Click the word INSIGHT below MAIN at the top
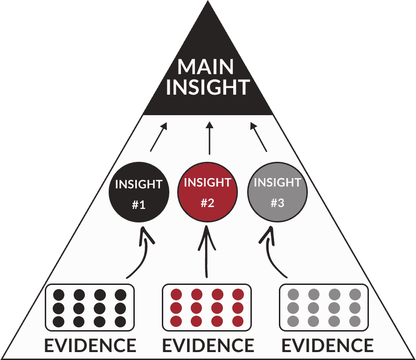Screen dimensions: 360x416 click(x=208, y=87)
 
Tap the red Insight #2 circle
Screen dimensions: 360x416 click(x=208, y=192)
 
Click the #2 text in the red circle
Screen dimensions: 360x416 click(x=208, y=203)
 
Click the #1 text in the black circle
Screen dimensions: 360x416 click(x=139, y=204)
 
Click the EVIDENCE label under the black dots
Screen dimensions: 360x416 click(x=90, y=346)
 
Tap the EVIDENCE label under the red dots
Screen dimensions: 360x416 click(x=208, y=346)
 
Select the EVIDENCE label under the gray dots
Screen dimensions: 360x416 click(x=327, y=346)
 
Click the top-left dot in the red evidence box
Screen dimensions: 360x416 click(x=176, y=295)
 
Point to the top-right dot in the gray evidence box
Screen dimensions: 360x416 click(x=355, y=295)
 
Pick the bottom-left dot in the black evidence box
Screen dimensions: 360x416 click(x=59, y=321)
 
